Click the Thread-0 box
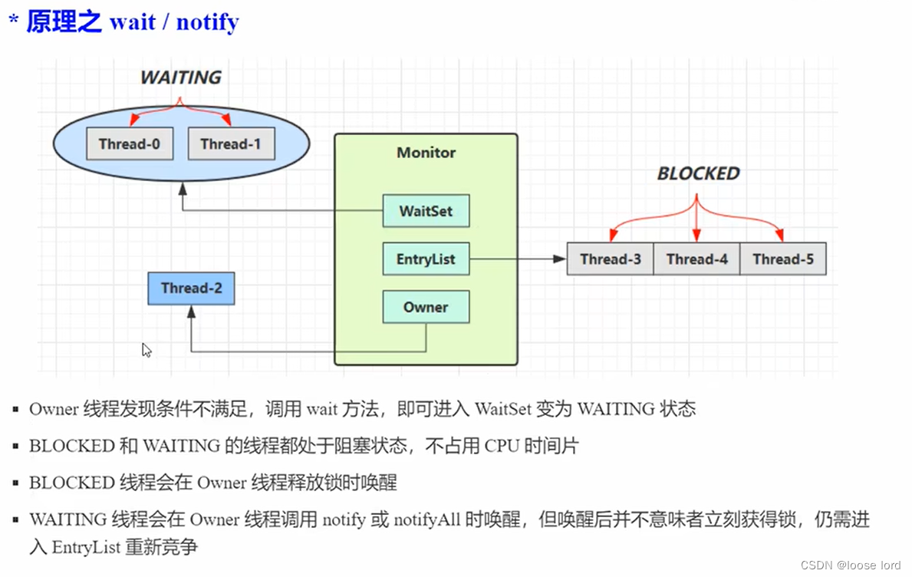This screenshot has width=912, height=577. coord(129,143)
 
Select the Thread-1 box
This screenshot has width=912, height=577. coord(231,143)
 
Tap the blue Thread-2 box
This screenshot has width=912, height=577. coord(191,288)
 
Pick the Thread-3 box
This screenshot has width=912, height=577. coord(611,259)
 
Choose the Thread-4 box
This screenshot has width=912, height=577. coord(696,259)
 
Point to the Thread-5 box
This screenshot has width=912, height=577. coord(782,259)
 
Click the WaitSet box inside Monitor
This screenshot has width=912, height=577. coord(426,211)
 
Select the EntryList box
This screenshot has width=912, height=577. coord(426,259)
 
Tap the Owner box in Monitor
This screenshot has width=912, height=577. coord(426,307)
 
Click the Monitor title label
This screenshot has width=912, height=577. coord(426,153)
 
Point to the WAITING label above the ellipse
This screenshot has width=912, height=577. coord(180,77)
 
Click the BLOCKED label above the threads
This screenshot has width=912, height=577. coord(698,173)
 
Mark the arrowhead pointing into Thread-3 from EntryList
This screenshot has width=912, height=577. coord(561,259)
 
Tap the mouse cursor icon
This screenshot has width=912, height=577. coord(147,350)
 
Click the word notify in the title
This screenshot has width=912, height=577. coord(207,21)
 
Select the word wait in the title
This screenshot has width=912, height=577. coord(132,21)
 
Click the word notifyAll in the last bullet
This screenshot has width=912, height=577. coord(426,519)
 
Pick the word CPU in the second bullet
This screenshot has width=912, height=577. coord(502,446)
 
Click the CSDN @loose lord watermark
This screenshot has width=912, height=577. coord(850,565)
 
